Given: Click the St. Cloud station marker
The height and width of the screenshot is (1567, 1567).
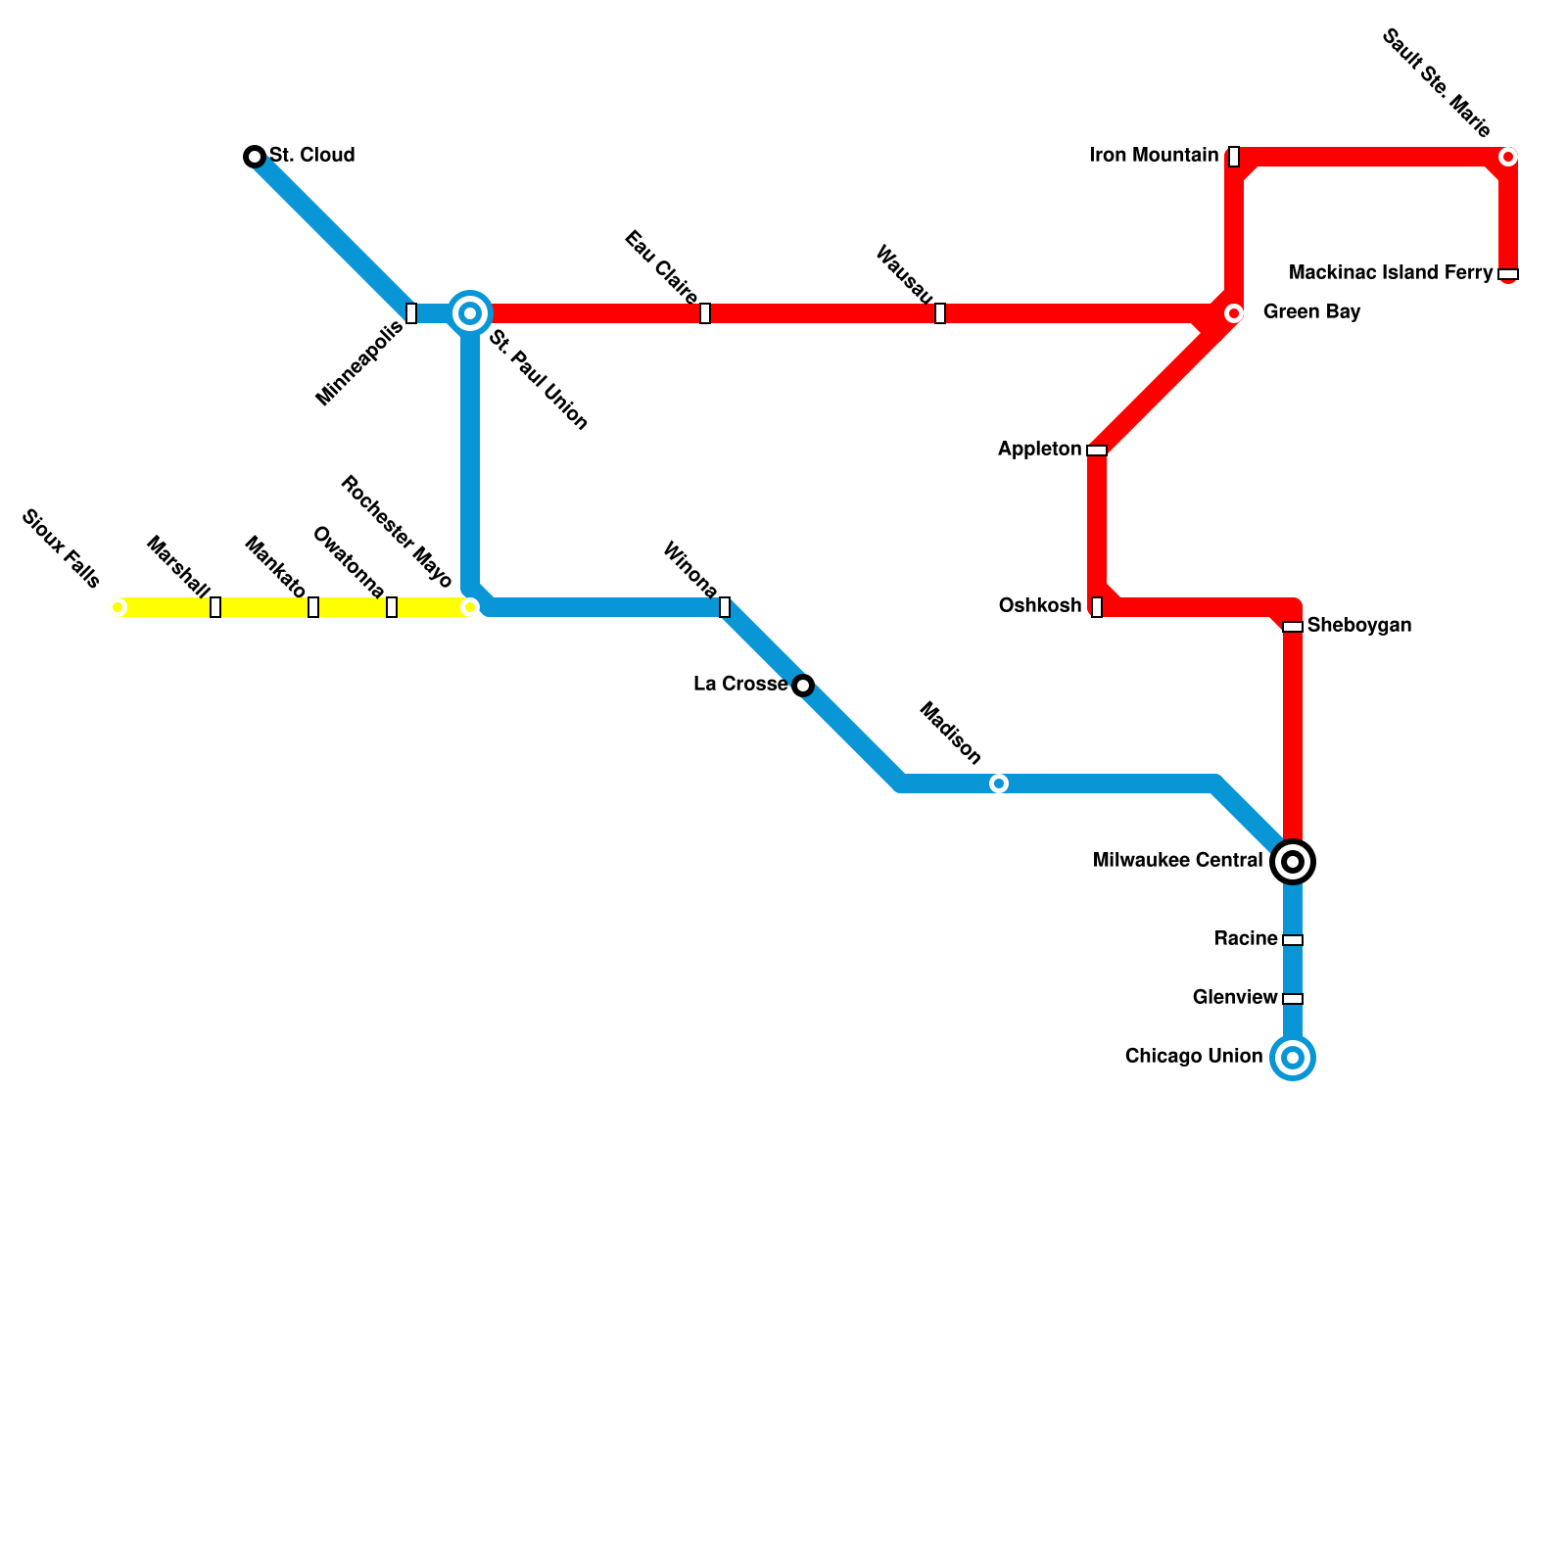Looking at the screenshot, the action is click(x=255, y=157).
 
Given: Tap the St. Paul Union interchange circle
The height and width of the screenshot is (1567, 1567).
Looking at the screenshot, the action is click(x=470, y=313).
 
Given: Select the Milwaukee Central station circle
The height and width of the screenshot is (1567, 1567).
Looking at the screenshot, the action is click(x=1293, y=862).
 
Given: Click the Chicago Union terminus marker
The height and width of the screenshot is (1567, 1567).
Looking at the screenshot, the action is click(x=1293, y=1058).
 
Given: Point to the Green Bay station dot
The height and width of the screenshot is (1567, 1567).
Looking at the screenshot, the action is click(x=1234, y=313).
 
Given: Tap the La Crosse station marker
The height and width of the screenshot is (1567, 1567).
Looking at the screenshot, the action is click(x=803, y=686).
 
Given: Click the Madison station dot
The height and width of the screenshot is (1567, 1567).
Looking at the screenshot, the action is click(x=999, y=783).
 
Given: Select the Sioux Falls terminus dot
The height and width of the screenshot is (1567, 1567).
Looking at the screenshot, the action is click(x=118, y=607).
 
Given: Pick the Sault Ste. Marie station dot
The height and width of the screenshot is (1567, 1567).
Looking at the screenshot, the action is click(x=1508, y=157).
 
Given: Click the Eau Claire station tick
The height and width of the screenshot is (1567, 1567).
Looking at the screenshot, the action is click(x=705, y=313).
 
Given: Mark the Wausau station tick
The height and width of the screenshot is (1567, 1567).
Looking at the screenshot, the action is click(x=940, y=313).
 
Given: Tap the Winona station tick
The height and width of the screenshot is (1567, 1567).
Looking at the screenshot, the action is click(x=725, y=607).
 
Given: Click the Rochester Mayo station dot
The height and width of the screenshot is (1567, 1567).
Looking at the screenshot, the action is click(x=470, y=607).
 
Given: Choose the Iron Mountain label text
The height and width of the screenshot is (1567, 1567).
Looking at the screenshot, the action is click(x=1154, y=156).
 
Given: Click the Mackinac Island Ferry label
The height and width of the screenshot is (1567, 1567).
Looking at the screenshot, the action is click(x=1391, y=273).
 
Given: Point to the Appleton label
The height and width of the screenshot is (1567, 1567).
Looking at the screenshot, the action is click(x=1039, y=450).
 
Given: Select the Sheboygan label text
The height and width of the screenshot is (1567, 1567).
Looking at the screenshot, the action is click(x=1359, y=626).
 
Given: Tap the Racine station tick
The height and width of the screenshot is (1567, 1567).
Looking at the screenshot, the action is click(x=1293, y=940).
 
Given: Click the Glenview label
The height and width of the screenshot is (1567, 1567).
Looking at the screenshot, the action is click(x=1235, y=998).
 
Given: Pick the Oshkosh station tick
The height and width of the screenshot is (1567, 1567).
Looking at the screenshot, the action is click(x=1097, y=607).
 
